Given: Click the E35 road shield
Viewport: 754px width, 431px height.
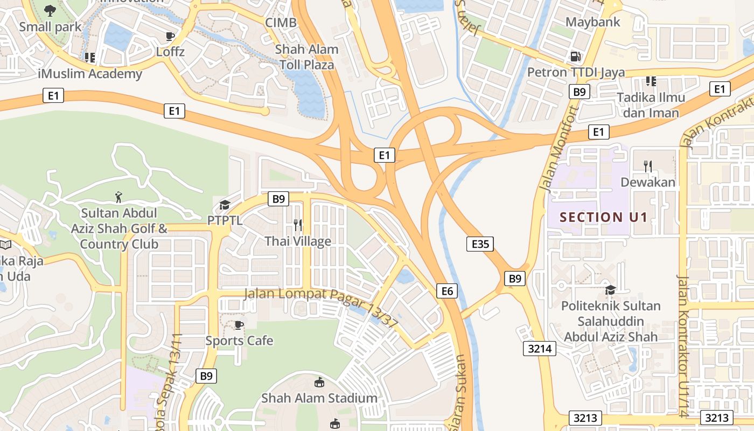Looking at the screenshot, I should click(479, 244).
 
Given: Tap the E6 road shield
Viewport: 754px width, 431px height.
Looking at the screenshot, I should click(447, 291).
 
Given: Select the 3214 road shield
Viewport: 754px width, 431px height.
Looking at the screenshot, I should click(540, 349).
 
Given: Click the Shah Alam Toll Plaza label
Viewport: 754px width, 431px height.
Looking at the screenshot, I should click(306, 57).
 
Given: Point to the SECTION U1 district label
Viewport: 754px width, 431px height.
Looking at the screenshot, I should click(603, 218).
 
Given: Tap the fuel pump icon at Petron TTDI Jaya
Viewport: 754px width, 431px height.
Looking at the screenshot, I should click(575, 56).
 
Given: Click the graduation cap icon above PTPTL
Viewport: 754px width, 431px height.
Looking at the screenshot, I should click(225, 205).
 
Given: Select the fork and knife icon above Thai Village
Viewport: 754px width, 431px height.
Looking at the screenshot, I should click(297, 225).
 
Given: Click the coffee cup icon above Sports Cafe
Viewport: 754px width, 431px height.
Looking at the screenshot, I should click(239, 324).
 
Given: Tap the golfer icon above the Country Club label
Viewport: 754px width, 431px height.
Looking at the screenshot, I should click(119, 197).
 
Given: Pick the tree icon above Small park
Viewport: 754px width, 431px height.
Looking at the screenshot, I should click(50, 10).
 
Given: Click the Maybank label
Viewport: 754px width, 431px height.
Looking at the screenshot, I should click(593, 22).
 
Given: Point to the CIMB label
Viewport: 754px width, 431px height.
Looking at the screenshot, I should click(281, 23).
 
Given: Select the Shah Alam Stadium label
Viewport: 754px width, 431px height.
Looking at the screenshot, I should click(319, 398).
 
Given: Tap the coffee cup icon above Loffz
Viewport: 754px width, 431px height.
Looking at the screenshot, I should click(170, 37).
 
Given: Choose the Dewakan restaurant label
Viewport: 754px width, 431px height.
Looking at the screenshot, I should click(648, 182).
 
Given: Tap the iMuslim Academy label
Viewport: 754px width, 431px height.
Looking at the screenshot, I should click(90, 74).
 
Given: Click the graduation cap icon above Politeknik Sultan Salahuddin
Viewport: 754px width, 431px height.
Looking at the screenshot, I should click(610, 290).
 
